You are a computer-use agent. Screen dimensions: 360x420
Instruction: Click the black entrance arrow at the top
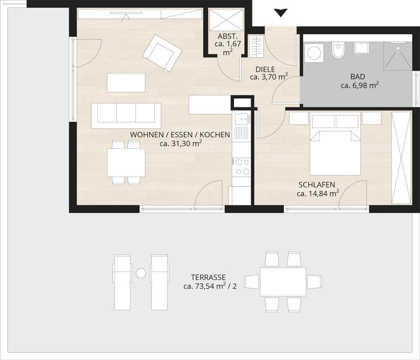click(280, 13)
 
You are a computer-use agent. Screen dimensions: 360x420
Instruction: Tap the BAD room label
click(358, 77)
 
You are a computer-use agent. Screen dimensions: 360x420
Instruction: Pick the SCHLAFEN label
click(317, 185)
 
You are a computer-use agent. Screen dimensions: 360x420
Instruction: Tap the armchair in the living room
click(162, 53)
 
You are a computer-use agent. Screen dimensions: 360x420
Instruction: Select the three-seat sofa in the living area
click(126, 115)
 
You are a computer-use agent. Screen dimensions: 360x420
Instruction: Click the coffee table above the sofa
click(126, 82)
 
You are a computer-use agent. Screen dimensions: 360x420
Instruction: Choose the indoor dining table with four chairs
click(126, 162)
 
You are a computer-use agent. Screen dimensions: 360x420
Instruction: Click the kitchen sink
click(241, 120)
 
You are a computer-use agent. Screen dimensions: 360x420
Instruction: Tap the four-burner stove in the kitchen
click(241, 167)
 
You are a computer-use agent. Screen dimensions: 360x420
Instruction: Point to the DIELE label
click(265, 69)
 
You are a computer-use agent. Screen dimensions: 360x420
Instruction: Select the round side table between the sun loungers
click(141, 273)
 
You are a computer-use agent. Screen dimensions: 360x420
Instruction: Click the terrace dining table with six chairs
click(283, 282)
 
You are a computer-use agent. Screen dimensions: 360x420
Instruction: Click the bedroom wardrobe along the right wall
click(401, 158)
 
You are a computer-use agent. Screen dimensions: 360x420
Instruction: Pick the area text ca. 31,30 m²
click(181, 143)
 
